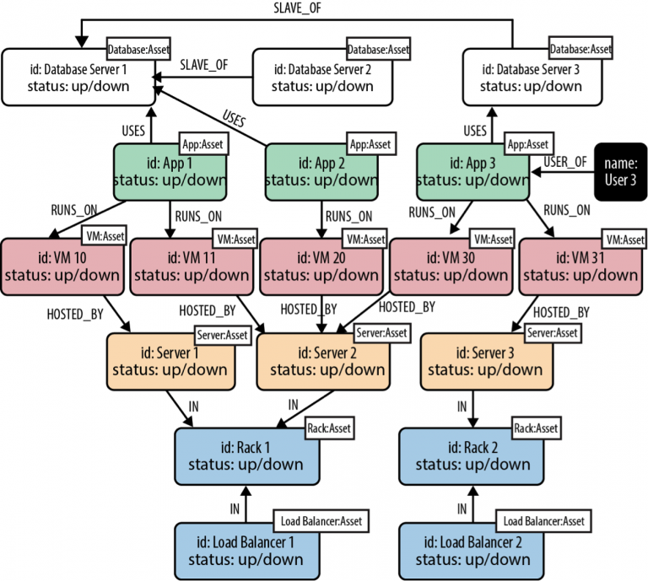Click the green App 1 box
tap(170, 172)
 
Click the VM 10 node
tap(64, 266)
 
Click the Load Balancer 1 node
tap(246, 551)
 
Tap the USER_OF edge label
tap(564, 160)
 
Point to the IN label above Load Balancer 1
tap(235, 508)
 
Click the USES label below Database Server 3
tap(475, 131)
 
